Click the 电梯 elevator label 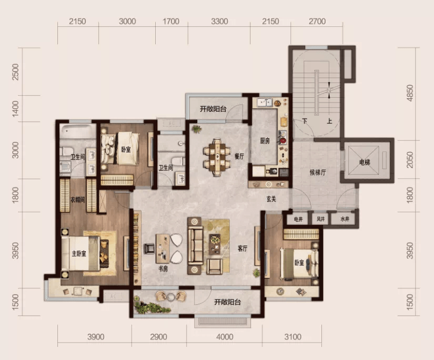pos(365,162)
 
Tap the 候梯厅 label pos(318,172)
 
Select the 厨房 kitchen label pos(265,141)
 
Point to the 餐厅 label pos(239,156)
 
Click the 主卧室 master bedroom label pos(79,253)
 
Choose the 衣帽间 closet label pos(77,199)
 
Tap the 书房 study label pos(163,268)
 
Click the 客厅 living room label pos(243,248)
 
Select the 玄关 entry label pos(271,199)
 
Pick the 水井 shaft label pos(345,219)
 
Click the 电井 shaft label pos(298,219)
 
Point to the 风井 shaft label pos(320,219)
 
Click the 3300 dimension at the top pos(219,22)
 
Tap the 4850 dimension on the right pos(410,93)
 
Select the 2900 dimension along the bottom pos(158,337)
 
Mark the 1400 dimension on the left pos(15,108)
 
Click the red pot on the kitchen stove pos(282,140)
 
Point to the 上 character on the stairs pos(329,121)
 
